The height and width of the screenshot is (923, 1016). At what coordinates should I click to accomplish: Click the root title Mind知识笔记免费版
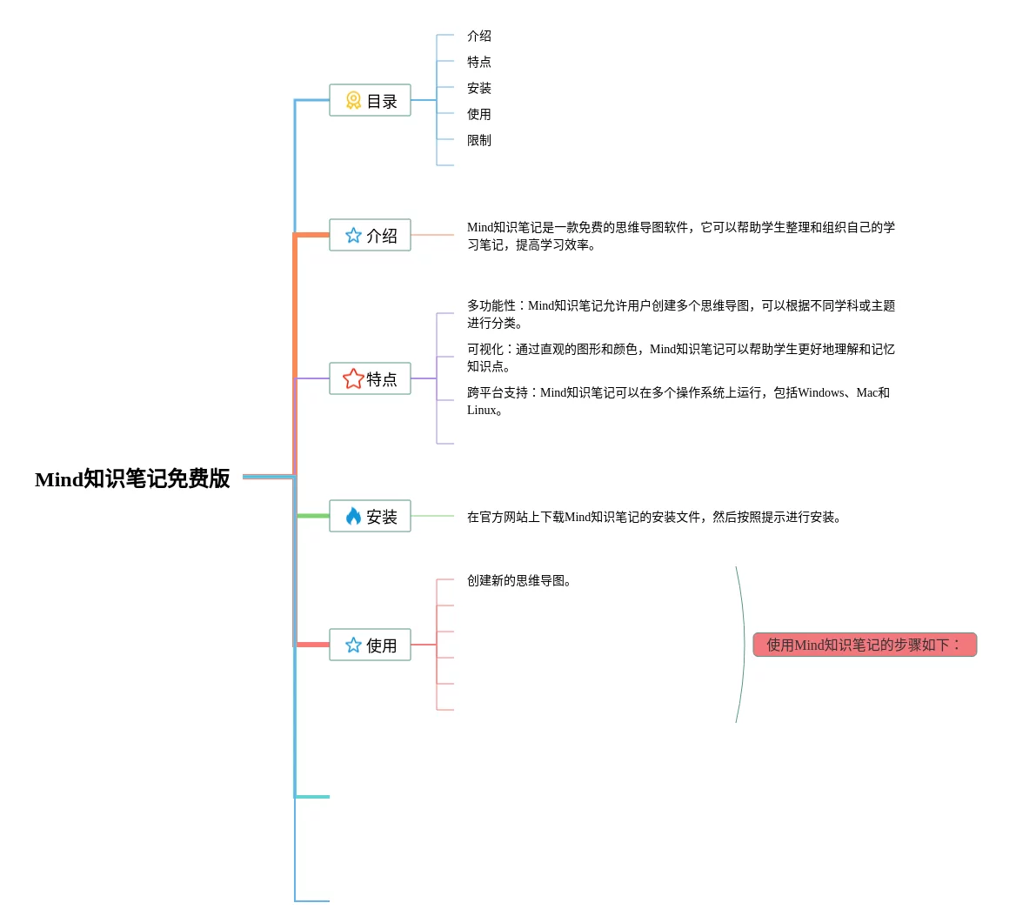[132, 478]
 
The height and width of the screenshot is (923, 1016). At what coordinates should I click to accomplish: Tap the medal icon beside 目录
[353, 101]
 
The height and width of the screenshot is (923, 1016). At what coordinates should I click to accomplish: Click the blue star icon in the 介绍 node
[353, 236]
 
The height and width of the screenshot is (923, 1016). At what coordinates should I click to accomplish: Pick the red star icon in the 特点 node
[353, 378]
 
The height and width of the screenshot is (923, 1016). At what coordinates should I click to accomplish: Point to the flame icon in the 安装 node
[353, 517]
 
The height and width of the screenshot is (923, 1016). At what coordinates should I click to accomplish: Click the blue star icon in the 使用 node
[353, 645]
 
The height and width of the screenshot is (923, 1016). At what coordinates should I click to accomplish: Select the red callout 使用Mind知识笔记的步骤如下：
[865, 645]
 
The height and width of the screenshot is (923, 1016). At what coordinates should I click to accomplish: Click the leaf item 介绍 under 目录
[479, 36]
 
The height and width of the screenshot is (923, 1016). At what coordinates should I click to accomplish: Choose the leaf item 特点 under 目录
[479, 62]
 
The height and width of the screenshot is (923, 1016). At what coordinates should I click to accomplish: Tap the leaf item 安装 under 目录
[479, 88]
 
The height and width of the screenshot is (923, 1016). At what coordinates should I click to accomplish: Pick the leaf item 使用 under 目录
[479, 114]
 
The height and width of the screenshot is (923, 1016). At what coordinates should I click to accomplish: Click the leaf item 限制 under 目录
[479, 140]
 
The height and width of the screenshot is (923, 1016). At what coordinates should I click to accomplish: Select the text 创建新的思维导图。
[519, 580]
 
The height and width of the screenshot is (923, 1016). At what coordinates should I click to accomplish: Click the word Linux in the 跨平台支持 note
[481, 411]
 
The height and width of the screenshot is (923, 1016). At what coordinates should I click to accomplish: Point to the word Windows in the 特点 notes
[821, 393]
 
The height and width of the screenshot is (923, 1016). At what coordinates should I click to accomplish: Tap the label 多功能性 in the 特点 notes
[491, 305]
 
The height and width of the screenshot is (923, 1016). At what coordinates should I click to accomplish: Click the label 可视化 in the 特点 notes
[485, 349]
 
